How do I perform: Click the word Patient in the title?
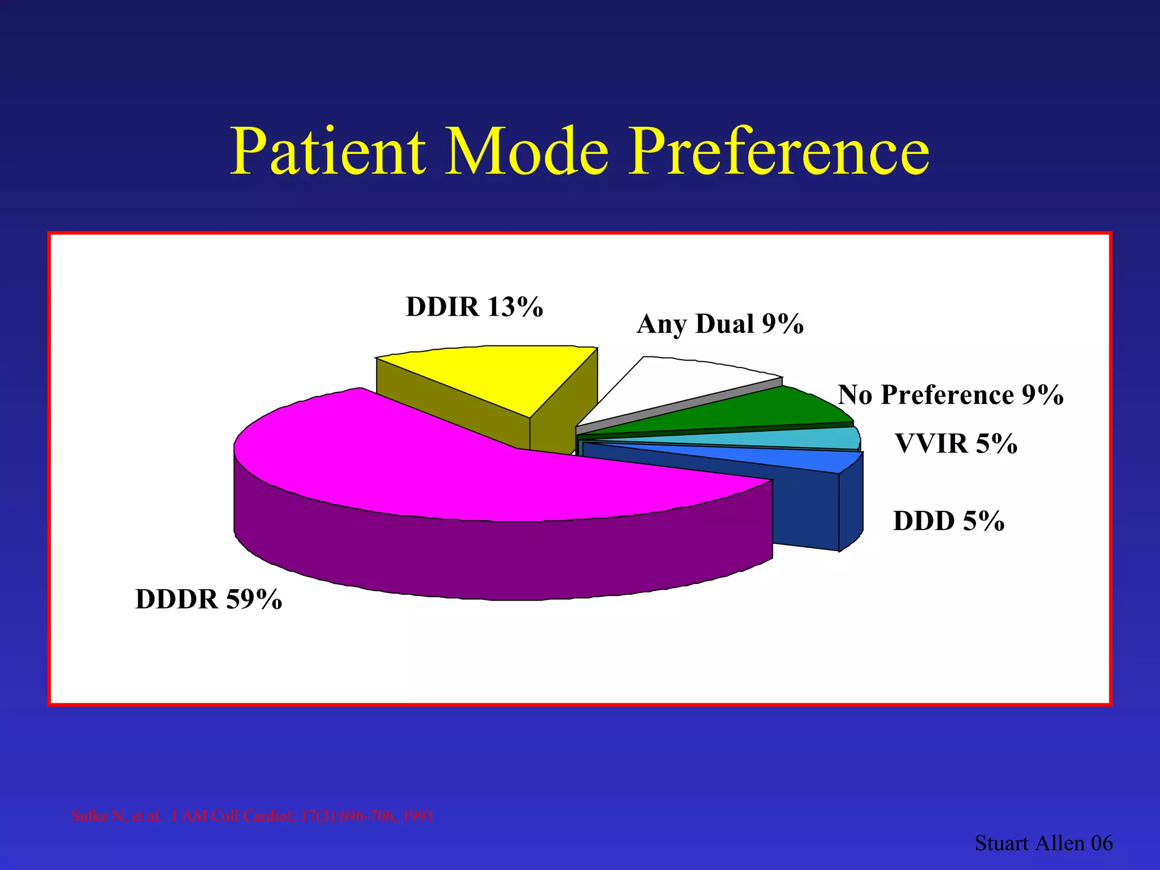click(327, 152)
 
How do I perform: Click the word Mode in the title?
click(527, 152)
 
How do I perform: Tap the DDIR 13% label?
click(474, 307)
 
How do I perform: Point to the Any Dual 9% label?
click(719, 324)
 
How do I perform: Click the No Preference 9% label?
click(950, 395)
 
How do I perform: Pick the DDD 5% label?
click(948, 521)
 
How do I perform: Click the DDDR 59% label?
click(208, 599)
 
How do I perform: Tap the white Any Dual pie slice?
click(680, 385)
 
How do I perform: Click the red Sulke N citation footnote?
click(252, 816)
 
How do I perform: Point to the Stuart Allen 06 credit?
click(1043, 843)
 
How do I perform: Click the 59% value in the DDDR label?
click(254, 599)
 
